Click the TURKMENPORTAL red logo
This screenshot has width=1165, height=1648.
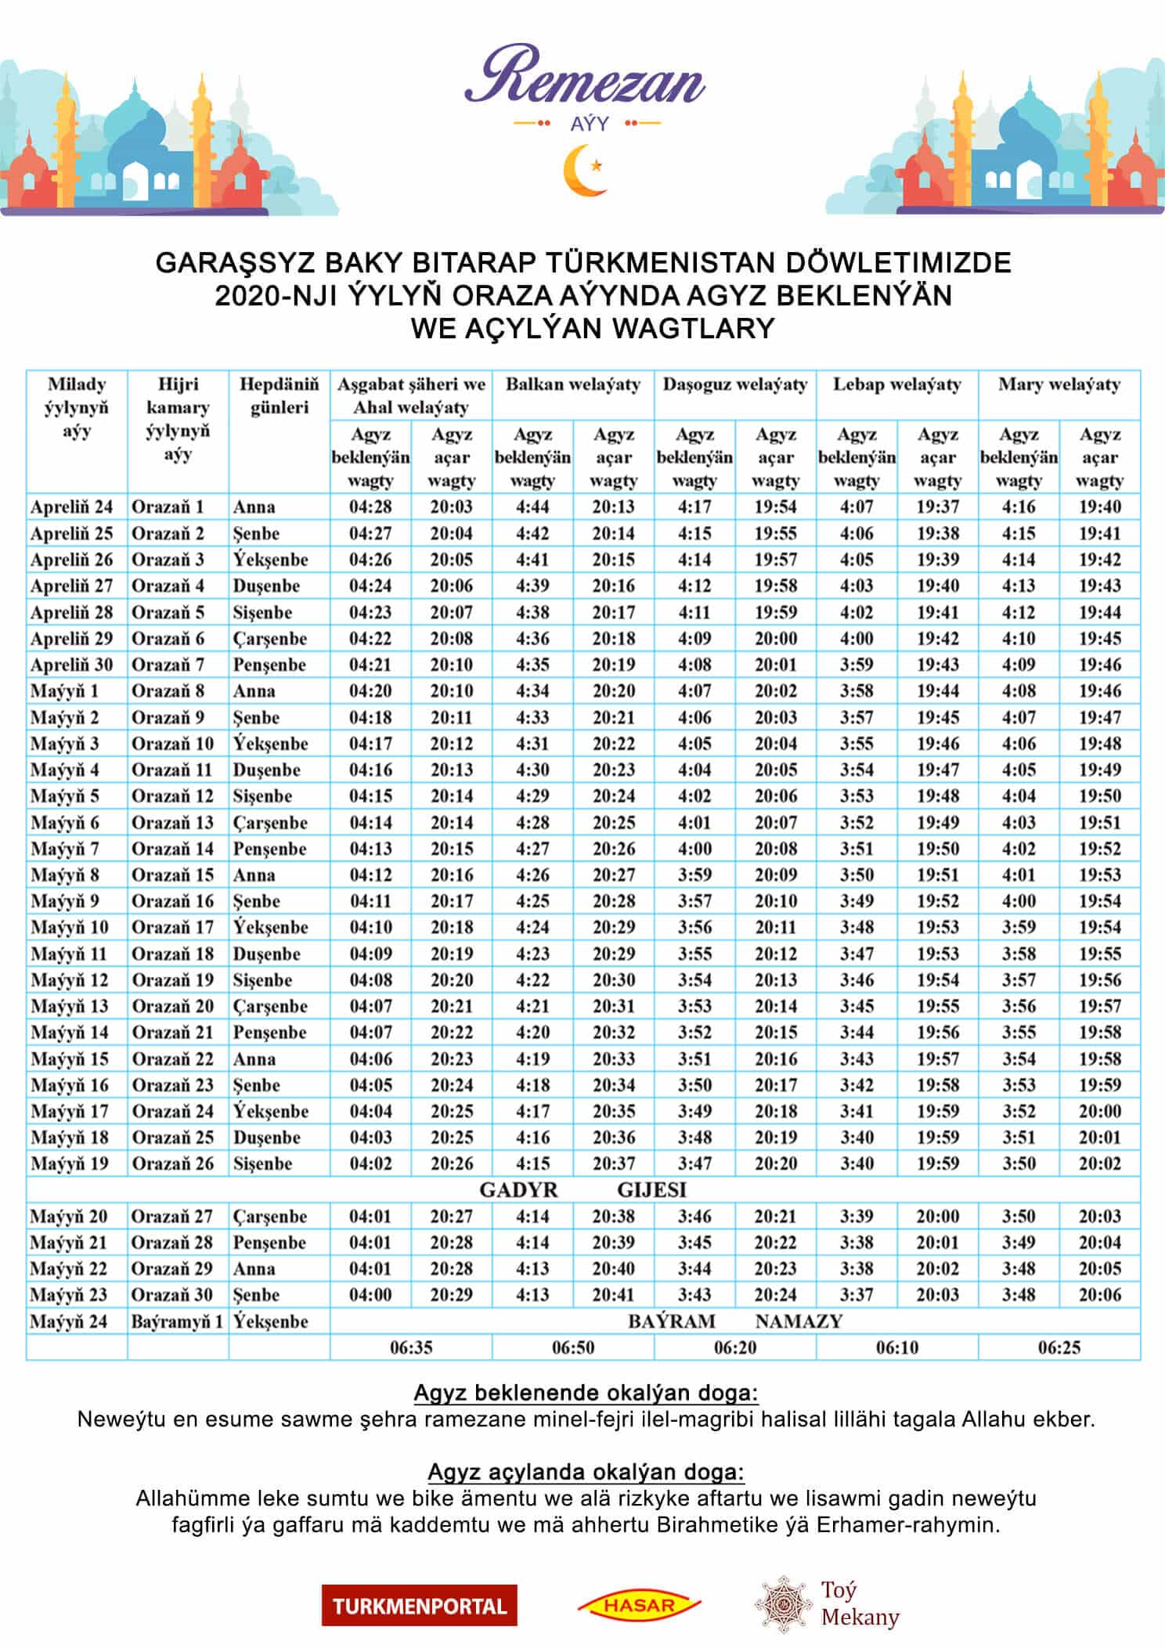(x=419, y=1605)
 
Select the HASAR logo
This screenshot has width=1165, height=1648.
(x=639, y=1604)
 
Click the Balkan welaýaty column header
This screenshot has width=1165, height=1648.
(x=572, y=384)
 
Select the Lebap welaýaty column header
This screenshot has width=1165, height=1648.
(x=896, y=384)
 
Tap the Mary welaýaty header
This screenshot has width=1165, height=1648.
(x=1059, y=384)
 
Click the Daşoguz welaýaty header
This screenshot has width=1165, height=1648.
(x=734, y=384)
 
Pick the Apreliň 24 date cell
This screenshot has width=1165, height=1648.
(x=71, y=507)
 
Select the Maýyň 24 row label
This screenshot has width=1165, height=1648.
(x=69, y=1322)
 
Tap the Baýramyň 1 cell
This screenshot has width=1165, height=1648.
(x=177, y=1322)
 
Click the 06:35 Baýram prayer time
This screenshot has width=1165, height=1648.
(x=411, y=1347)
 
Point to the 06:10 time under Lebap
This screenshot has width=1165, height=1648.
(x=896, y=1347)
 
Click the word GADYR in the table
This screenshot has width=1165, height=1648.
(x=518, y=1190)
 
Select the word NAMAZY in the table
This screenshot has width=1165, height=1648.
(x=798, y=1322)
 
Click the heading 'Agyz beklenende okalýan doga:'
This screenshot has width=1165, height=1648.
(x=586, y=1393)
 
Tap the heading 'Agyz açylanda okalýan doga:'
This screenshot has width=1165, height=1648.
(x=586, y=1472)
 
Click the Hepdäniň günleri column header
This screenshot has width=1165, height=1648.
(x=279, y=396)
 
